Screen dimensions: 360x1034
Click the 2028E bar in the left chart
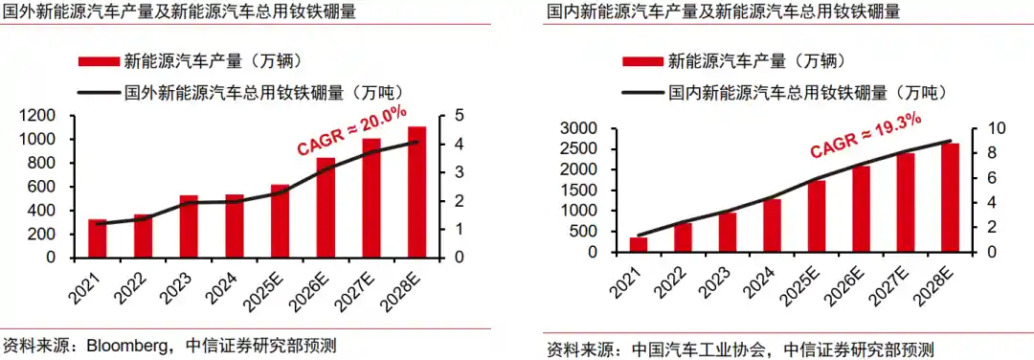(416, 192)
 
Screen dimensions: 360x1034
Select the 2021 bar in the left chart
(97, 238)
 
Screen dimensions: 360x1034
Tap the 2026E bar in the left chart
(326, 208)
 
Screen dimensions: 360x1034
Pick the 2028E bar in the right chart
(949, 198)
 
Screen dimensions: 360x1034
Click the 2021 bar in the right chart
(638, 244)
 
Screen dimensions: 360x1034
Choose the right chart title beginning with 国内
(722, 12)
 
